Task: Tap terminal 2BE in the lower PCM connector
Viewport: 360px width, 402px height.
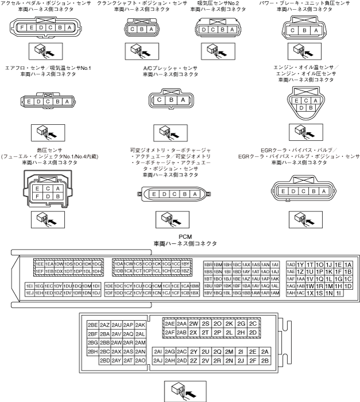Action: pos(92,324)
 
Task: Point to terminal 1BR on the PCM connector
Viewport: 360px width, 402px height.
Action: pos(209,264)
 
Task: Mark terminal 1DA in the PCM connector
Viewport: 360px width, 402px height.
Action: pos(119,264)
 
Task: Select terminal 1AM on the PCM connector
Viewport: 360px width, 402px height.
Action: pos(275,293)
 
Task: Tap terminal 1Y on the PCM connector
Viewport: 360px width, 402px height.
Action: pos(301,264)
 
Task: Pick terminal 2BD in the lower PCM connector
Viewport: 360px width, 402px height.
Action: pos(104,361)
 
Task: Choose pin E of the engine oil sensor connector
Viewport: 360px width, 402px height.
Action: pos(298,100)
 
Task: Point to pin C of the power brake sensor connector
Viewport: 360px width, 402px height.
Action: pos(294,30)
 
